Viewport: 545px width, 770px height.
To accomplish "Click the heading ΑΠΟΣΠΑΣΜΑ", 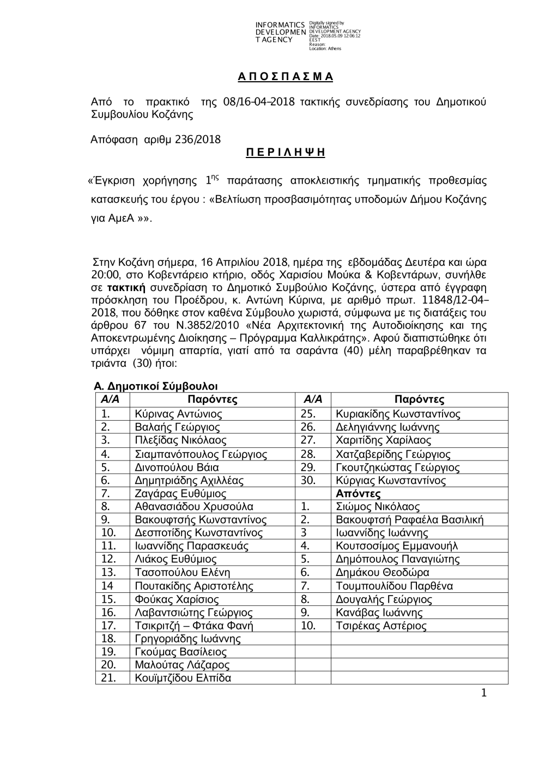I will point(285,77).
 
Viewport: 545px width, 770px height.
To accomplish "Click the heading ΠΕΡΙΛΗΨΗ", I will point(285,153).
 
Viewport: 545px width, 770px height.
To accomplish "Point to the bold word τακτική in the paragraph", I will point(126,287).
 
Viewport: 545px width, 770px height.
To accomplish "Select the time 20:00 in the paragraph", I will point(102,275).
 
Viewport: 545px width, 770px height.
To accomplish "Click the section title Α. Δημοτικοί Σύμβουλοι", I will point(156,386).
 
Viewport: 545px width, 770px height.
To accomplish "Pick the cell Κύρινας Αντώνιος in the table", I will point(178,414).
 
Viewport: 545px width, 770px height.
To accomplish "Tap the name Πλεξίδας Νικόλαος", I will point(180,440).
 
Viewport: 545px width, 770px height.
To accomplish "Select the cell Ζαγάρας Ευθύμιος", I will point(180,494).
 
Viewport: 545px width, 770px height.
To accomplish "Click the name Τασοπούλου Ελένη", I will point(183,573).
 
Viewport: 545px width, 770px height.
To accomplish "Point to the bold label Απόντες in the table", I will point(358,494).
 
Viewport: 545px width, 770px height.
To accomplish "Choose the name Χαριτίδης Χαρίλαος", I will point(384,440).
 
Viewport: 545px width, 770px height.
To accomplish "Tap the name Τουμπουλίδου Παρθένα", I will point(395,586).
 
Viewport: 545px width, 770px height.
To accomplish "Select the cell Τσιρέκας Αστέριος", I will point(381,626).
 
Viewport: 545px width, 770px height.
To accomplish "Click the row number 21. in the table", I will point(109,678).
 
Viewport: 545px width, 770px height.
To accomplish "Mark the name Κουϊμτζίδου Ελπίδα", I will point(183,678).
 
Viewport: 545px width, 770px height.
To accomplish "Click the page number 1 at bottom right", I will point(483,693).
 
